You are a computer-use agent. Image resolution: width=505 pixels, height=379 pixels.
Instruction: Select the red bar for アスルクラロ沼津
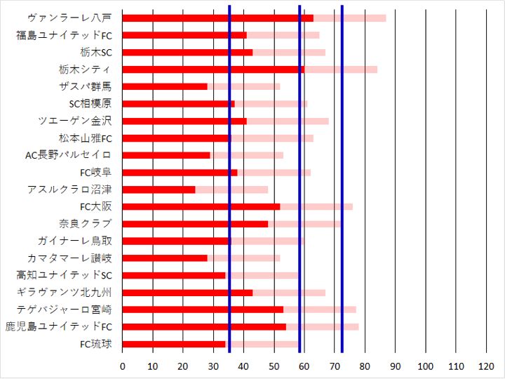[x=159, y=189]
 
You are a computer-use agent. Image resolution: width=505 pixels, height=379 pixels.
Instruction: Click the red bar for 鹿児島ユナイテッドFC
[x=204, y=327]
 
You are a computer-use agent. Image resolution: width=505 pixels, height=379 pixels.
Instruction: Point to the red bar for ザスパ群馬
[x=165, y=86]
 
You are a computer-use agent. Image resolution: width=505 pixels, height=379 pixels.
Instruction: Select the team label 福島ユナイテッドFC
[x=64, y=35]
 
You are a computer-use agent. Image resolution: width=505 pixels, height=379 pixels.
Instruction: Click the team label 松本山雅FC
[x=86, y=138]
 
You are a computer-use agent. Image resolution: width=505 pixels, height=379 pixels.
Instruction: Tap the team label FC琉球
[x=96, y=344]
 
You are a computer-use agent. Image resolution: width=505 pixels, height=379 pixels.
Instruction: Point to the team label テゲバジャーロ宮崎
[x=69, y=310]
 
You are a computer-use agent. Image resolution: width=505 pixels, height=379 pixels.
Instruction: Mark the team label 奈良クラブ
[x=85, y=224]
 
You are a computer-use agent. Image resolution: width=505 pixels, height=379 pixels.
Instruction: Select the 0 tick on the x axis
[x=123, y=366]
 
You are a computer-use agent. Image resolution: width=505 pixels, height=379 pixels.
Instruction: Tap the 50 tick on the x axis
[x=274, y=366]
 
